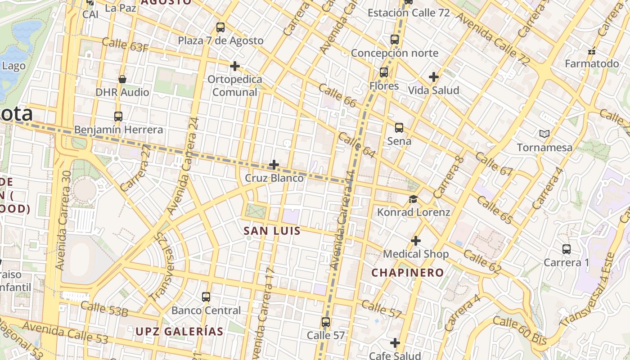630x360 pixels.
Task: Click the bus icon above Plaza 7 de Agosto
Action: point(220,27)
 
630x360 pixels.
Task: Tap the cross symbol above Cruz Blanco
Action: point(274,165)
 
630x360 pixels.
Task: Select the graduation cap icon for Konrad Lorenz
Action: point(413,199)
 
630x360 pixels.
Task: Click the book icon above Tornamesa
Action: point(544,134)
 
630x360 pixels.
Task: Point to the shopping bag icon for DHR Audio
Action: point(122,79)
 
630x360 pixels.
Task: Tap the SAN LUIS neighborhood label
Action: point(272,231)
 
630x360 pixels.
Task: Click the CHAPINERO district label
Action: point(407,273)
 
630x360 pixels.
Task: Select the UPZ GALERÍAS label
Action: point(180,332)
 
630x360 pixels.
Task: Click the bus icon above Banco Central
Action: point(206,297)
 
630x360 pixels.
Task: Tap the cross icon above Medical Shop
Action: point(416,241)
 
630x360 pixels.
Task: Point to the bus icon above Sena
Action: point(399,128)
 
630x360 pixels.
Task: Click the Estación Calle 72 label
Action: point(409,13)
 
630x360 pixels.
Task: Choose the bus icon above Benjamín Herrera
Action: point(118,117)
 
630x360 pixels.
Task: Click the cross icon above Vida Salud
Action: point(434,77)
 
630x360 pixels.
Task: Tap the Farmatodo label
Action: point(592,64)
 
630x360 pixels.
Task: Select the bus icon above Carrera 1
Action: point(567,249)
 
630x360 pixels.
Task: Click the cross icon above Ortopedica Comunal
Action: point(234,66)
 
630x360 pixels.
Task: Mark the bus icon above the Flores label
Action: point(384,72)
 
